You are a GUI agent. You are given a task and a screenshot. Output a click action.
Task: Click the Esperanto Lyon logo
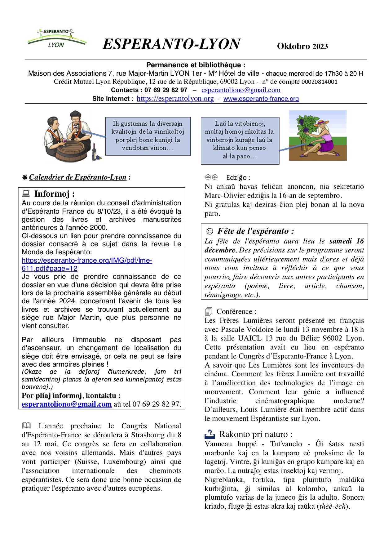coord(56,38)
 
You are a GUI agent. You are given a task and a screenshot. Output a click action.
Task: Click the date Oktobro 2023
coord(302,46)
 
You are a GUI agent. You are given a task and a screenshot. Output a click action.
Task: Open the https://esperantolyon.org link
coord(175,99)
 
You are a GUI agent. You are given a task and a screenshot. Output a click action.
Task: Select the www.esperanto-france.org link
coord(261,99)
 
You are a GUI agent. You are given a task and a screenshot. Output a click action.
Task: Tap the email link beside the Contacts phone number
coord(241,90)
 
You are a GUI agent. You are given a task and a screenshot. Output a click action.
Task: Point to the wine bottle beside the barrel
coord(95,152)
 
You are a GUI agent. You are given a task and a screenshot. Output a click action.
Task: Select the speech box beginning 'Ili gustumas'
coord(148,136)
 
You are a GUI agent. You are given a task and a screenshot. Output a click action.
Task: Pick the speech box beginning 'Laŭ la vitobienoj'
coord(240,140)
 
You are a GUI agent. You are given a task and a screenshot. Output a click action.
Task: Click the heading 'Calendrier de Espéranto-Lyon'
coord(78,177)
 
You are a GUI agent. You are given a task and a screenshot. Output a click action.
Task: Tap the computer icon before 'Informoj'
coord(26,194)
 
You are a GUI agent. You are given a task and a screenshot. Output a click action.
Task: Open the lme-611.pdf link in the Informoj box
coord(87,264)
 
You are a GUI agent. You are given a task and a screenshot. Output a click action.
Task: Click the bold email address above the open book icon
coord(67,404)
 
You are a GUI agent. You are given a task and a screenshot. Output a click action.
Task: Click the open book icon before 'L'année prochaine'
coord(27,426)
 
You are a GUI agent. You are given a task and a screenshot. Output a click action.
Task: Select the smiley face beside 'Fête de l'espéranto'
coord(210,231)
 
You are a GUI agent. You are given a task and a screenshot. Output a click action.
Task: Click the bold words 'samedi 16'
coord(346,241)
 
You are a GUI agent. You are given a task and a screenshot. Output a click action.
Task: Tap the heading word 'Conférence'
coord(234,311)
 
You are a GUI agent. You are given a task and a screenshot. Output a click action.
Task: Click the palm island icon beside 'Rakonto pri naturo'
coord(210,434)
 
